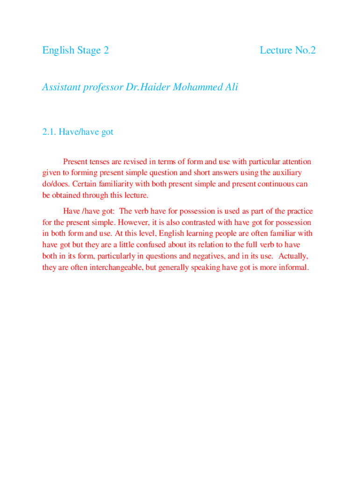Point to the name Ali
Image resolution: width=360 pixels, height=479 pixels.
click(230, 87)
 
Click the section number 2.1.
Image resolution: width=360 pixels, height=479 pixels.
click(49, 132)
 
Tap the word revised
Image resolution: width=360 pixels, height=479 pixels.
click(134, 162)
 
